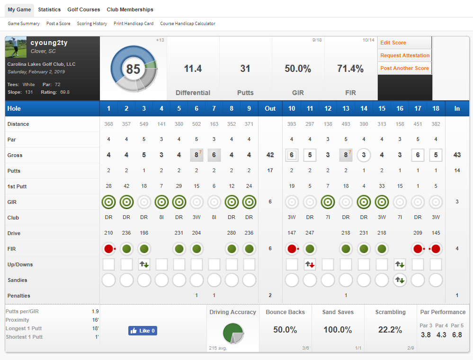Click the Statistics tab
point(49,9)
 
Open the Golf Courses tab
point(84,9)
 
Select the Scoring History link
point(92,24)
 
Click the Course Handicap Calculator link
point(187,24)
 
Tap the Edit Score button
point(393,43)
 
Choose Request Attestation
point(405,55)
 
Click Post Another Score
point(404,68)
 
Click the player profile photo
point(17,47)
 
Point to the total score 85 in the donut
point(133,70)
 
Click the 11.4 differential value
point(193,69)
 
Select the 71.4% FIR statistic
point(350,69)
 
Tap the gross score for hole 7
point(214,155)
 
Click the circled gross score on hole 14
point(364,155)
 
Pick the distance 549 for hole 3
point(144,124)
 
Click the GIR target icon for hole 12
point(328,202)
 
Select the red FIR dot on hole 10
point(292,249)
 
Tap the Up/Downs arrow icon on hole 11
point(310,264)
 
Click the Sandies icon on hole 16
point(400,280)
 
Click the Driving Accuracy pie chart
point(232,333)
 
